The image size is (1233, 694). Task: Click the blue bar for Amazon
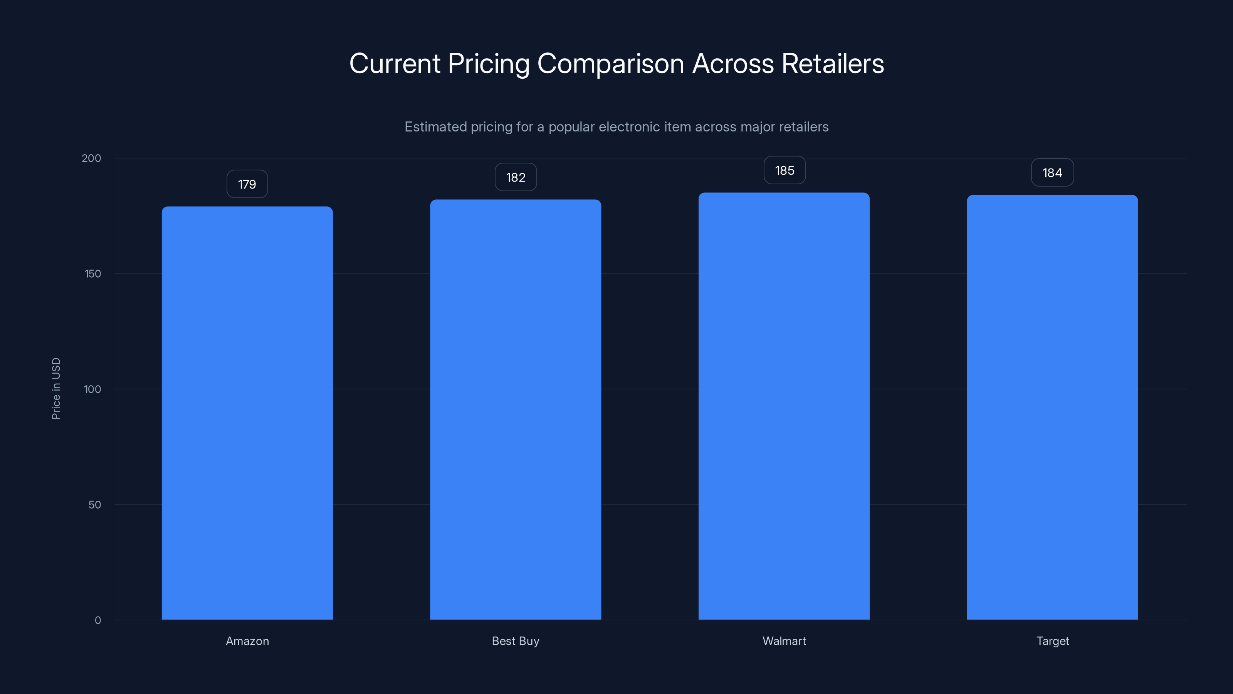247,413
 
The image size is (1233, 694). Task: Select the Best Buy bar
516,409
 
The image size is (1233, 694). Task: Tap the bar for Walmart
784,406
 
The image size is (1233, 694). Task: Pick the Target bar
1052,407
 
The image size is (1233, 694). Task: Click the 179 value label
247,184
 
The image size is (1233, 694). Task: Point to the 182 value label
516,178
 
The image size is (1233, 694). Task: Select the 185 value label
784,170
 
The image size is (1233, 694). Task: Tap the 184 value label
1052,173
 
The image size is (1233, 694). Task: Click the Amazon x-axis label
247,641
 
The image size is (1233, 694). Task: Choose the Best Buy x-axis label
516,641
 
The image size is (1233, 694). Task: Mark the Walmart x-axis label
784,641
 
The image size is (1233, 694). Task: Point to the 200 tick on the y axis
91,158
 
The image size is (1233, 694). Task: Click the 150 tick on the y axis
93,273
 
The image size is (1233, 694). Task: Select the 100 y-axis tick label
92,389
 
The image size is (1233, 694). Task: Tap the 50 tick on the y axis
95,504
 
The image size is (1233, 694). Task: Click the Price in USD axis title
56,388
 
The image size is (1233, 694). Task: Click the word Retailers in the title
832,64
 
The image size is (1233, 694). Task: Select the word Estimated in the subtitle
435,127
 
